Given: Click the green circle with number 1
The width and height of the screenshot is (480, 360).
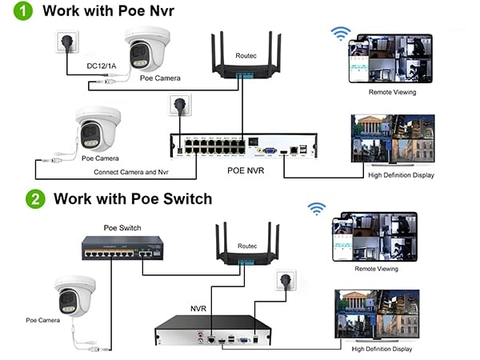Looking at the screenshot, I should point(23,12).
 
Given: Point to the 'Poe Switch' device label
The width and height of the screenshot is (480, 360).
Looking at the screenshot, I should point(122,228).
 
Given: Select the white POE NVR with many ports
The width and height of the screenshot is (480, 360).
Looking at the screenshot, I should point(238,146).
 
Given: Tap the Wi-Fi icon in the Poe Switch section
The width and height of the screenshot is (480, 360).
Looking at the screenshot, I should point(318,209).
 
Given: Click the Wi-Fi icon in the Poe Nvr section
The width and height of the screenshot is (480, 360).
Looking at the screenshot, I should point(342,34).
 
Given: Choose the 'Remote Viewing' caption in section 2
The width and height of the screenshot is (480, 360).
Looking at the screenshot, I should point(376,269).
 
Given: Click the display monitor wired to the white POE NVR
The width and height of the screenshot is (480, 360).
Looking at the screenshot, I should point(392,138).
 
